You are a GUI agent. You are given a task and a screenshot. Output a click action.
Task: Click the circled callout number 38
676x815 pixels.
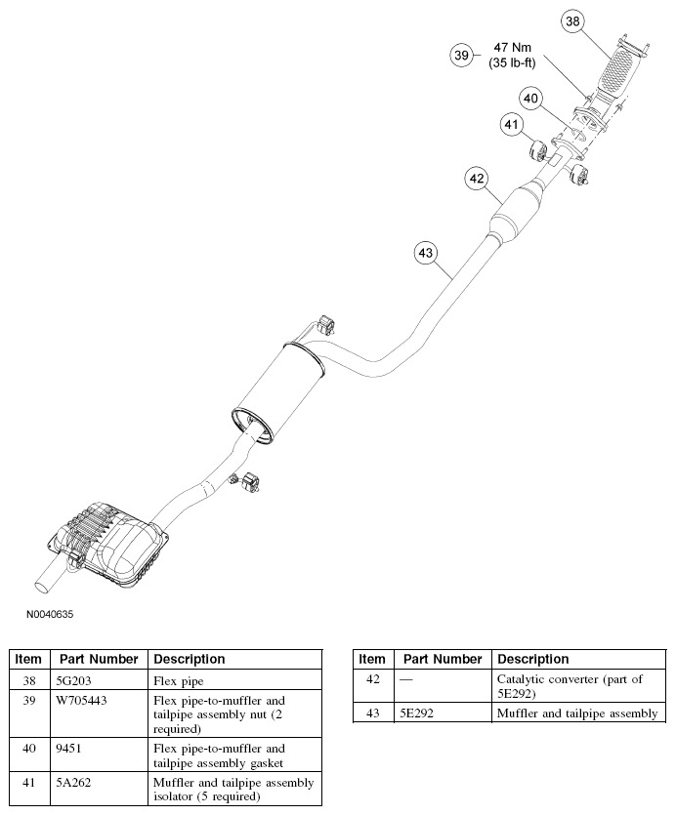572,20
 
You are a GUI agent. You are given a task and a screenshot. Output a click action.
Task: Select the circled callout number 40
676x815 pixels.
530,98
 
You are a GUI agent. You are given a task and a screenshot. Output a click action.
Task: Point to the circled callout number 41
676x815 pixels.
512,125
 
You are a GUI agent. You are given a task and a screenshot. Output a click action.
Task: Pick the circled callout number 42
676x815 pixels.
476,179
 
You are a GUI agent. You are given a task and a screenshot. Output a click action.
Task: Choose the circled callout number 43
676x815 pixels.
425,253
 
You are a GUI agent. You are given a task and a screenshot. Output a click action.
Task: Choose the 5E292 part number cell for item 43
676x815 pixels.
414,713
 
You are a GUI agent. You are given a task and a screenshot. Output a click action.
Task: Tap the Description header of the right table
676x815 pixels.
532,659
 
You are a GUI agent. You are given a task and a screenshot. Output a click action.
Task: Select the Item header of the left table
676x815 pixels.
28,659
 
